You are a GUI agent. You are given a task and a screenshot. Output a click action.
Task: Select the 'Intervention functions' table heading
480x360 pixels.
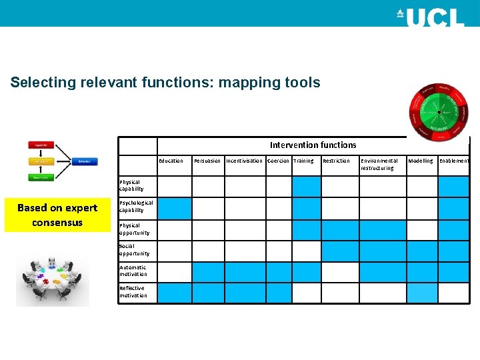313,145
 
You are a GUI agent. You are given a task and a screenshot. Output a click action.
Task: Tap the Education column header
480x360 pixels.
171,161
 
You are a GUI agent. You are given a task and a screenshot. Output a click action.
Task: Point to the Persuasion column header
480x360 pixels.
207,161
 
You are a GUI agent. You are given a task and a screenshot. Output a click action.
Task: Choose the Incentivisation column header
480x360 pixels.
244,161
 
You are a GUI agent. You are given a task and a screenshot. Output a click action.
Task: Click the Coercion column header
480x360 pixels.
278,161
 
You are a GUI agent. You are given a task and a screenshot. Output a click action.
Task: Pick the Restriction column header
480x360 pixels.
336,161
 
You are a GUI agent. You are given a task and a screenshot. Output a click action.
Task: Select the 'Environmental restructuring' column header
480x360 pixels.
379,164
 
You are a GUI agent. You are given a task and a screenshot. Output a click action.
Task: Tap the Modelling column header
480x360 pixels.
420,161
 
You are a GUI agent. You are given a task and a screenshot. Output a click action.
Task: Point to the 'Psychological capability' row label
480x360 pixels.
136,206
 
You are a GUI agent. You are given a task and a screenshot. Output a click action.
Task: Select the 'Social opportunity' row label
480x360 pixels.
134,249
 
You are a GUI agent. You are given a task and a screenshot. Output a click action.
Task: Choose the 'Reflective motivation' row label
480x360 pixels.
133,291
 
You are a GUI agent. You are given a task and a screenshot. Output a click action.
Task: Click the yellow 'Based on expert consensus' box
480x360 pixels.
57,215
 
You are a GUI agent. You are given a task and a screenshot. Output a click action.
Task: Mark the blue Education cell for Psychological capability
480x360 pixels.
174,208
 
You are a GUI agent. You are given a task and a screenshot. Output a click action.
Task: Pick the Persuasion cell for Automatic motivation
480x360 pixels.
208,272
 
